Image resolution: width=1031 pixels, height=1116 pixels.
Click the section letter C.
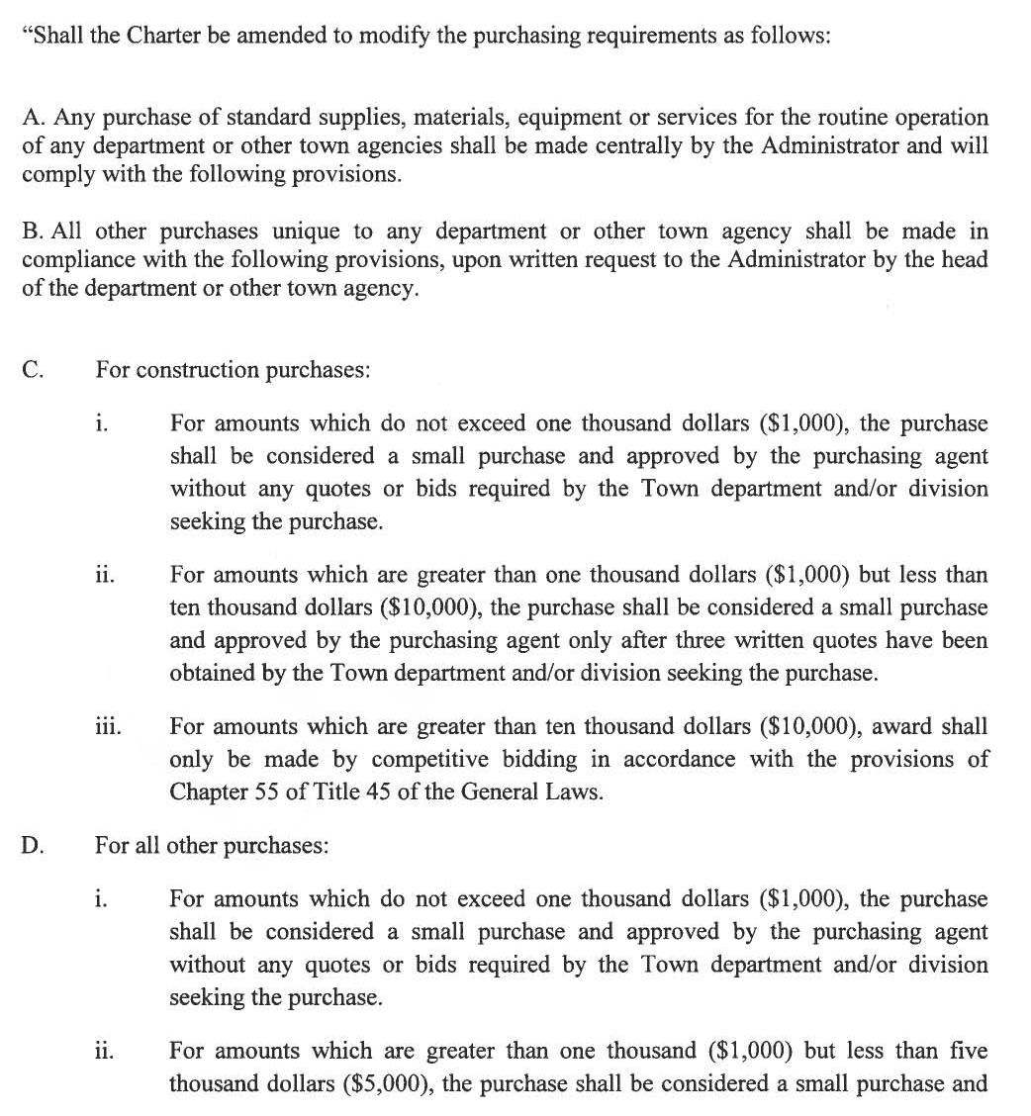tap(32, 370)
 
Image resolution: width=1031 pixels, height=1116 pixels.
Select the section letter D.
tap(32, 846)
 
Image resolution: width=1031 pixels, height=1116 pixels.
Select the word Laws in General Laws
tap(574, 791)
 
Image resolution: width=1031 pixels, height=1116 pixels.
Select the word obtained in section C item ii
tap(211, 673)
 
